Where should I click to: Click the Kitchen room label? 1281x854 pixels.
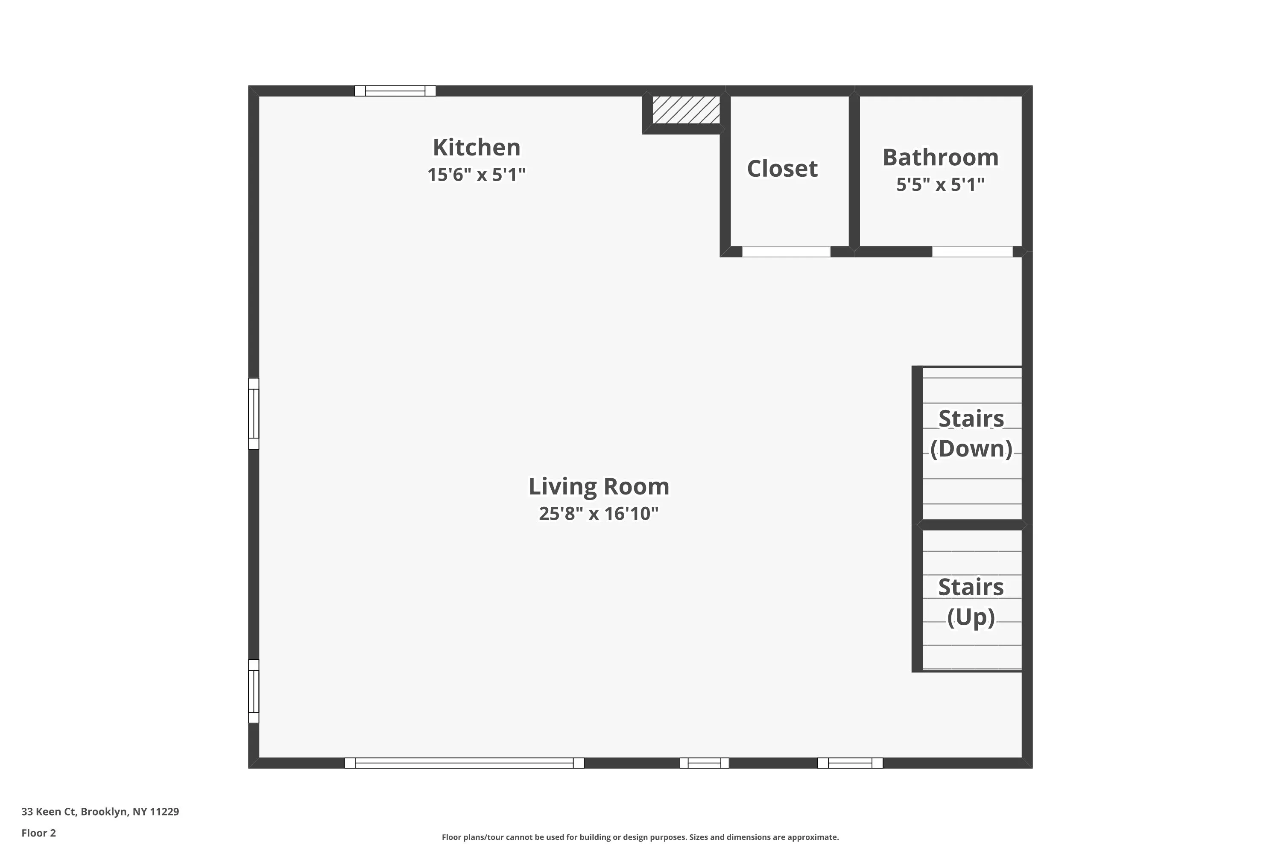pyautogui.click(x=477, y=148)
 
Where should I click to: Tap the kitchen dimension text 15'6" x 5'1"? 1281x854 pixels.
pyautogui.click(x=477, y=175)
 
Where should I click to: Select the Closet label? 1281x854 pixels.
pyautogui.click(x=782, y=169)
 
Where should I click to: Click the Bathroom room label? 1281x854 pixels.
pyautogui.click(x=941, y=158)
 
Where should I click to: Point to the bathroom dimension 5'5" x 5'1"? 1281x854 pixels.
pyautogui.click(x=941, y=184)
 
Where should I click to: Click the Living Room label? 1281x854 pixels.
pyautogui.click(x=599, y=486)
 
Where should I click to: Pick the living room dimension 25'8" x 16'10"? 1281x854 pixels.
pyautogui.click(x=599, y=514)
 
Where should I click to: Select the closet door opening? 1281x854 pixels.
pyautogui.click(x=786, y=252)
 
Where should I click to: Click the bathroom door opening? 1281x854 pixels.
pyautogui.click(x=972, y=252)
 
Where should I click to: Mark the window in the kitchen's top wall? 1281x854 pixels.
pyautogui.click(x=395, y=91)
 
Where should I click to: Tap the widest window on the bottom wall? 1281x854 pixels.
pyautogui.click(x=464, y=763)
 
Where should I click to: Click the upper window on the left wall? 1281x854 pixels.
pyautogui.click(x=254, y=413)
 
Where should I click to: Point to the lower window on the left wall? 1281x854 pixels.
pyautogui.click(x=254, y=691)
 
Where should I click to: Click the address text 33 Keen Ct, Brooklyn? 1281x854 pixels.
pyautogui.click(x=100, y=812)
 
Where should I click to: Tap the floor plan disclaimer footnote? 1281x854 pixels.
pyautogui.click(x=640, y=837)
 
